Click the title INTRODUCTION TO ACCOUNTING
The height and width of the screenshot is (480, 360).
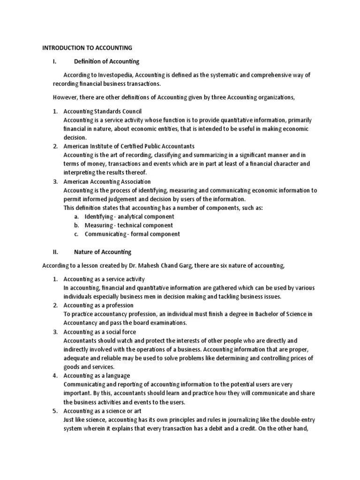87,48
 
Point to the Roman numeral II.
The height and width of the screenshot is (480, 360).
55,252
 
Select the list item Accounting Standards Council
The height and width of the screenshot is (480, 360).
103,111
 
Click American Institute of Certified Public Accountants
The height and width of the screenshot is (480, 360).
129,146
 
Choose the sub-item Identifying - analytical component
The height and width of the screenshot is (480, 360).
129,217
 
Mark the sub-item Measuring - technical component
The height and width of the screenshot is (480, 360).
128,225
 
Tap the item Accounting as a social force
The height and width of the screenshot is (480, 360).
99,332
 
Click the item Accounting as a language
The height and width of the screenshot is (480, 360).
97,375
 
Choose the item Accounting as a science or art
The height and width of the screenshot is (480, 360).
103,411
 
